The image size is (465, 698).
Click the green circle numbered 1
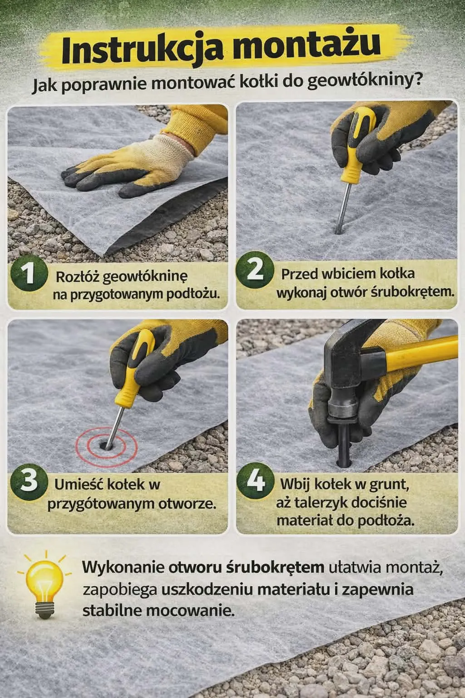click(x=29, y=273)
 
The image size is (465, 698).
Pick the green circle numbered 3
click(x=29, y=482)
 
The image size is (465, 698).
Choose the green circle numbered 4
click(x=255, y=482)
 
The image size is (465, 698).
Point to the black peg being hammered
click(x=343, y=443)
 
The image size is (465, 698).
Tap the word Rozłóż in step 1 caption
click(x=78, y=276)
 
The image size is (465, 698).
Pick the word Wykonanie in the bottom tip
click(x=124, y=568)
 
